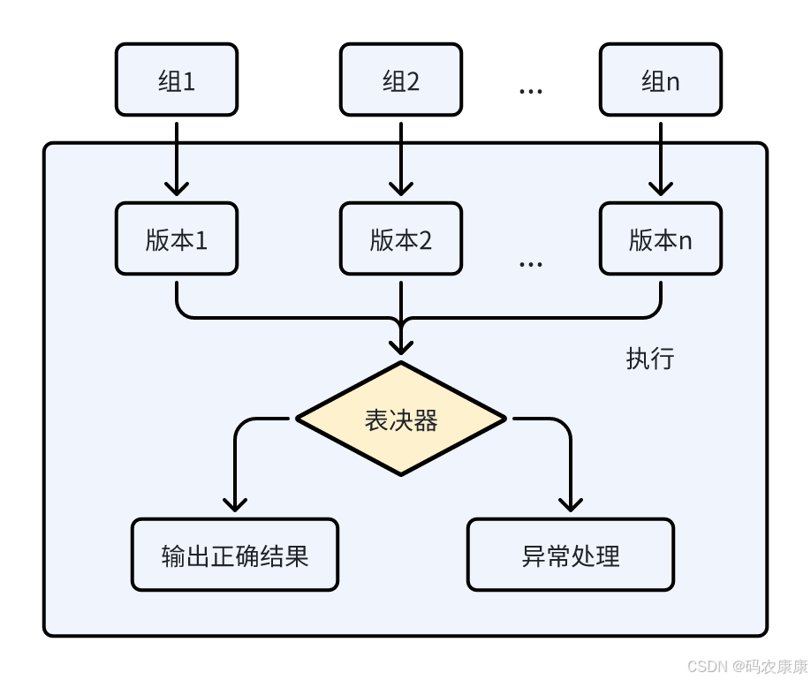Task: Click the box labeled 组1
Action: (177, 79)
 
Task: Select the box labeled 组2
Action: (401, 79)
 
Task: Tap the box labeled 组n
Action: (661, 79)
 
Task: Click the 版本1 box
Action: (177, 238)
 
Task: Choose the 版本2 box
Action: (401, 238)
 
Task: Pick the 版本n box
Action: (661, 238)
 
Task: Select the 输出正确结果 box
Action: (235, 555)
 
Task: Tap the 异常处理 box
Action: (571, 555)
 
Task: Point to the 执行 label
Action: (650, 358)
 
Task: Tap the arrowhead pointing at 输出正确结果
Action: (235, 503)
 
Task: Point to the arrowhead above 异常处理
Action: (571, 503)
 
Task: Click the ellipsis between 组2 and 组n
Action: (530, 91)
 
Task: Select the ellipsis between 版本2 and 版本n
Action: (530, 263)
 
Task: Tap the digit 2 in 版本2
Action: (424, 240)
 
